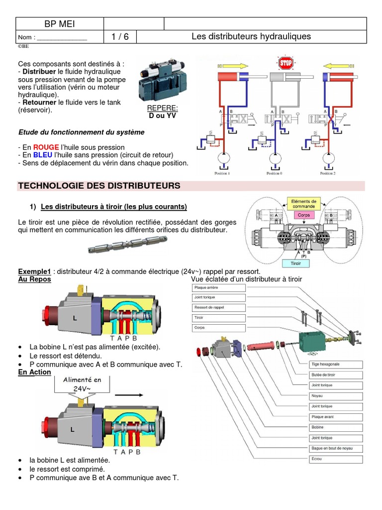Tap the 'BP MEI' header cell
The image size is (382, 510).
(60, 23)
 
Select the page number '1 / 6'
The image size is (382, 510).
(119, 37)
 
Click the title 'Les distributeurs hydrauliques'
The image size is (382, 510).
(251, 37)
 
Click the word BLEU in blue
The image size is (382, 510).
(43, 155)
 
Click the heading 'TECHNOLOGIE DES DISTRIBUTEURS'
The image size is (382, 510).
(99, 186)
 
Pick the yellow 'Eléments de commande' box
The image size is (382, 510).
(303, 203)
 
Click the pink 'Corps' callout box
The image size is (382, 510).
(303, 216)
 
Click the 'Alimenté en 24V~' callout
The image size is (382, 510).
(82, 384)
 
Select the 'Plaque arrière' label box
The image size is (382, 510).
(219, 287)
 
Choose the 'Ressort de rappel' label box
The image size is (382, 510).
(219, 307)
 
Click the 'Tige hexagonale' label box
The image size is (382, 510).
(336, 364)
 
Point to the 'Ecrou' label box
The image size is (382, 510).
(336, 459)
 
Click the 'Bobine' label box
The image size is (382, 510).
(336, 427)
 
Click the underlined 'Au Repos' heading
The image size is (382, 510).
(34, 279)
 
